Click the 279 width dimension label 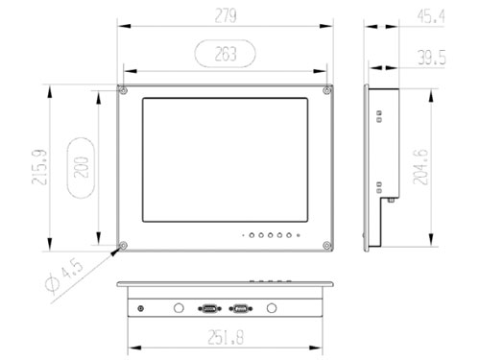(226, 15)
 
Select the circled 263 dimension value (226, 54)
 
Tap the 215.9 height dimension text (39, 167)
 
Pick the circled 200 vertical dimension (82, 167)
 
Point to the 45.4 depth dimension (431, 16)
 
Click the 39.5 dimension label (432, 58)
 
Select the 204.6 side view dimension (420, 167)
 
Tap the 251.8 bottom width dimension (226, 337)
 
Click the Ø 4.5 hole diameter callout (64, 276)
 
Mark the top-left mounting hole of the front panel (123, 90)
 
